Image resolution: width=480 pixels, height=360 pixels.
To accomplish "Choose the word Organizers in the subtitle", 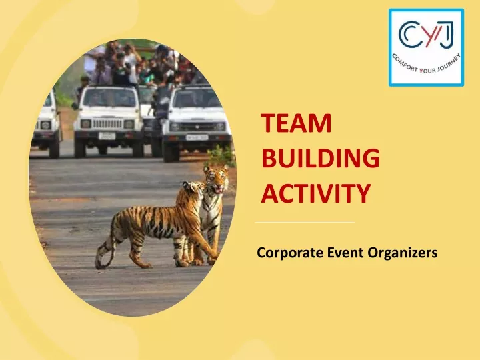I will [x=400, y=253].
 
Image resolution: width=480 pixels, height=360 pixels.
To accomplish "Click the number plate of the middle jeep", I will [x=107, y=135].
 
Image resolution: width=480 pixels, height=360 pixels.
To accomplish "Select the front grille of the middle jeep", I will [x=107, y=123].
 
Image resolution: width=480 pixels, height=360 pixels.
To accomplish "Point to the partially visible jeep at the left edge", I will [x=47, y=120].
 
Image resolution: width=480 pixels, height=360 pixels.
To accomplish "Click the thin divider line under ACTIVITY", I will [x=305, y=221].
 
